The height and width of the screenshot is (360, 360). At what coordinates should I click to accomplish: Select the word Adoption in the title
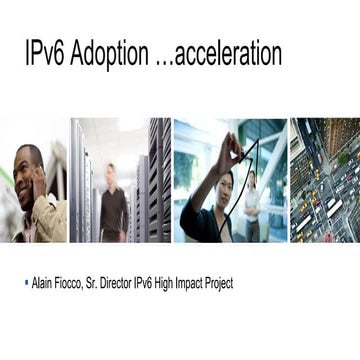click(x=113, y=54)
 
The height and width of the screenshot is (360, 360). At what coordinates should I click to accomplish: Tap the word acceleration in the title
click(x=228, y=54)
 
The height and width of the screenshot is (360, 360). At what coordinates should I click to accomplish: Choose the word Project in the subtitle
click(x=220, y=284)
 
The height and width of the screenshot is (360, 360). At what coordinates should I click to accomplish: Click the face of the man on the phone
click(x=29, y=168)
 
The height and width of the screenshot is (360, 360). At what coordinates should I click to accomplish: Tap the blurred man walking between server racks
click(x=113, y=200)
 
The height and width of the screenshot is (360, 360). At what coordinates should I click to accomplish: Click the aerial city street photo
click(x=324, y=180)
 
